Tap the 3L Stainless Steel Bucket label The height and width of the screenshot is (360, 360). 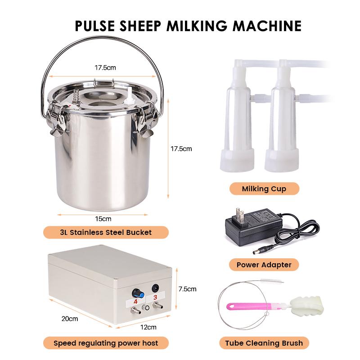coord(106,232)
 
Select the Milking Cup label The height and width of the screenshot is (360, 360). coord(264,189)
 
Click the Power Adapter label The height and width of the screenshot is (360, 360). coord(264,265)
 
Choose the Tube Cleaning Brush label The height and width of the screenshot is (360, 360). coord(264,343)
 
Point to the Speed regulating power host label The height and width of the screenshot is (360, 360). coord(106,343)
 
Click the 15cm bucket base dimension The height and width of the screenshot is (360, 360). coord(103,219)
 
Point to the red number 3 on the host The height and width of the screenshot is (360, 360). coord(155,297)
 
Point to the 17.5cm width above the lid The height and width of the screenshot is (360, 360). coord(105,68)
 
